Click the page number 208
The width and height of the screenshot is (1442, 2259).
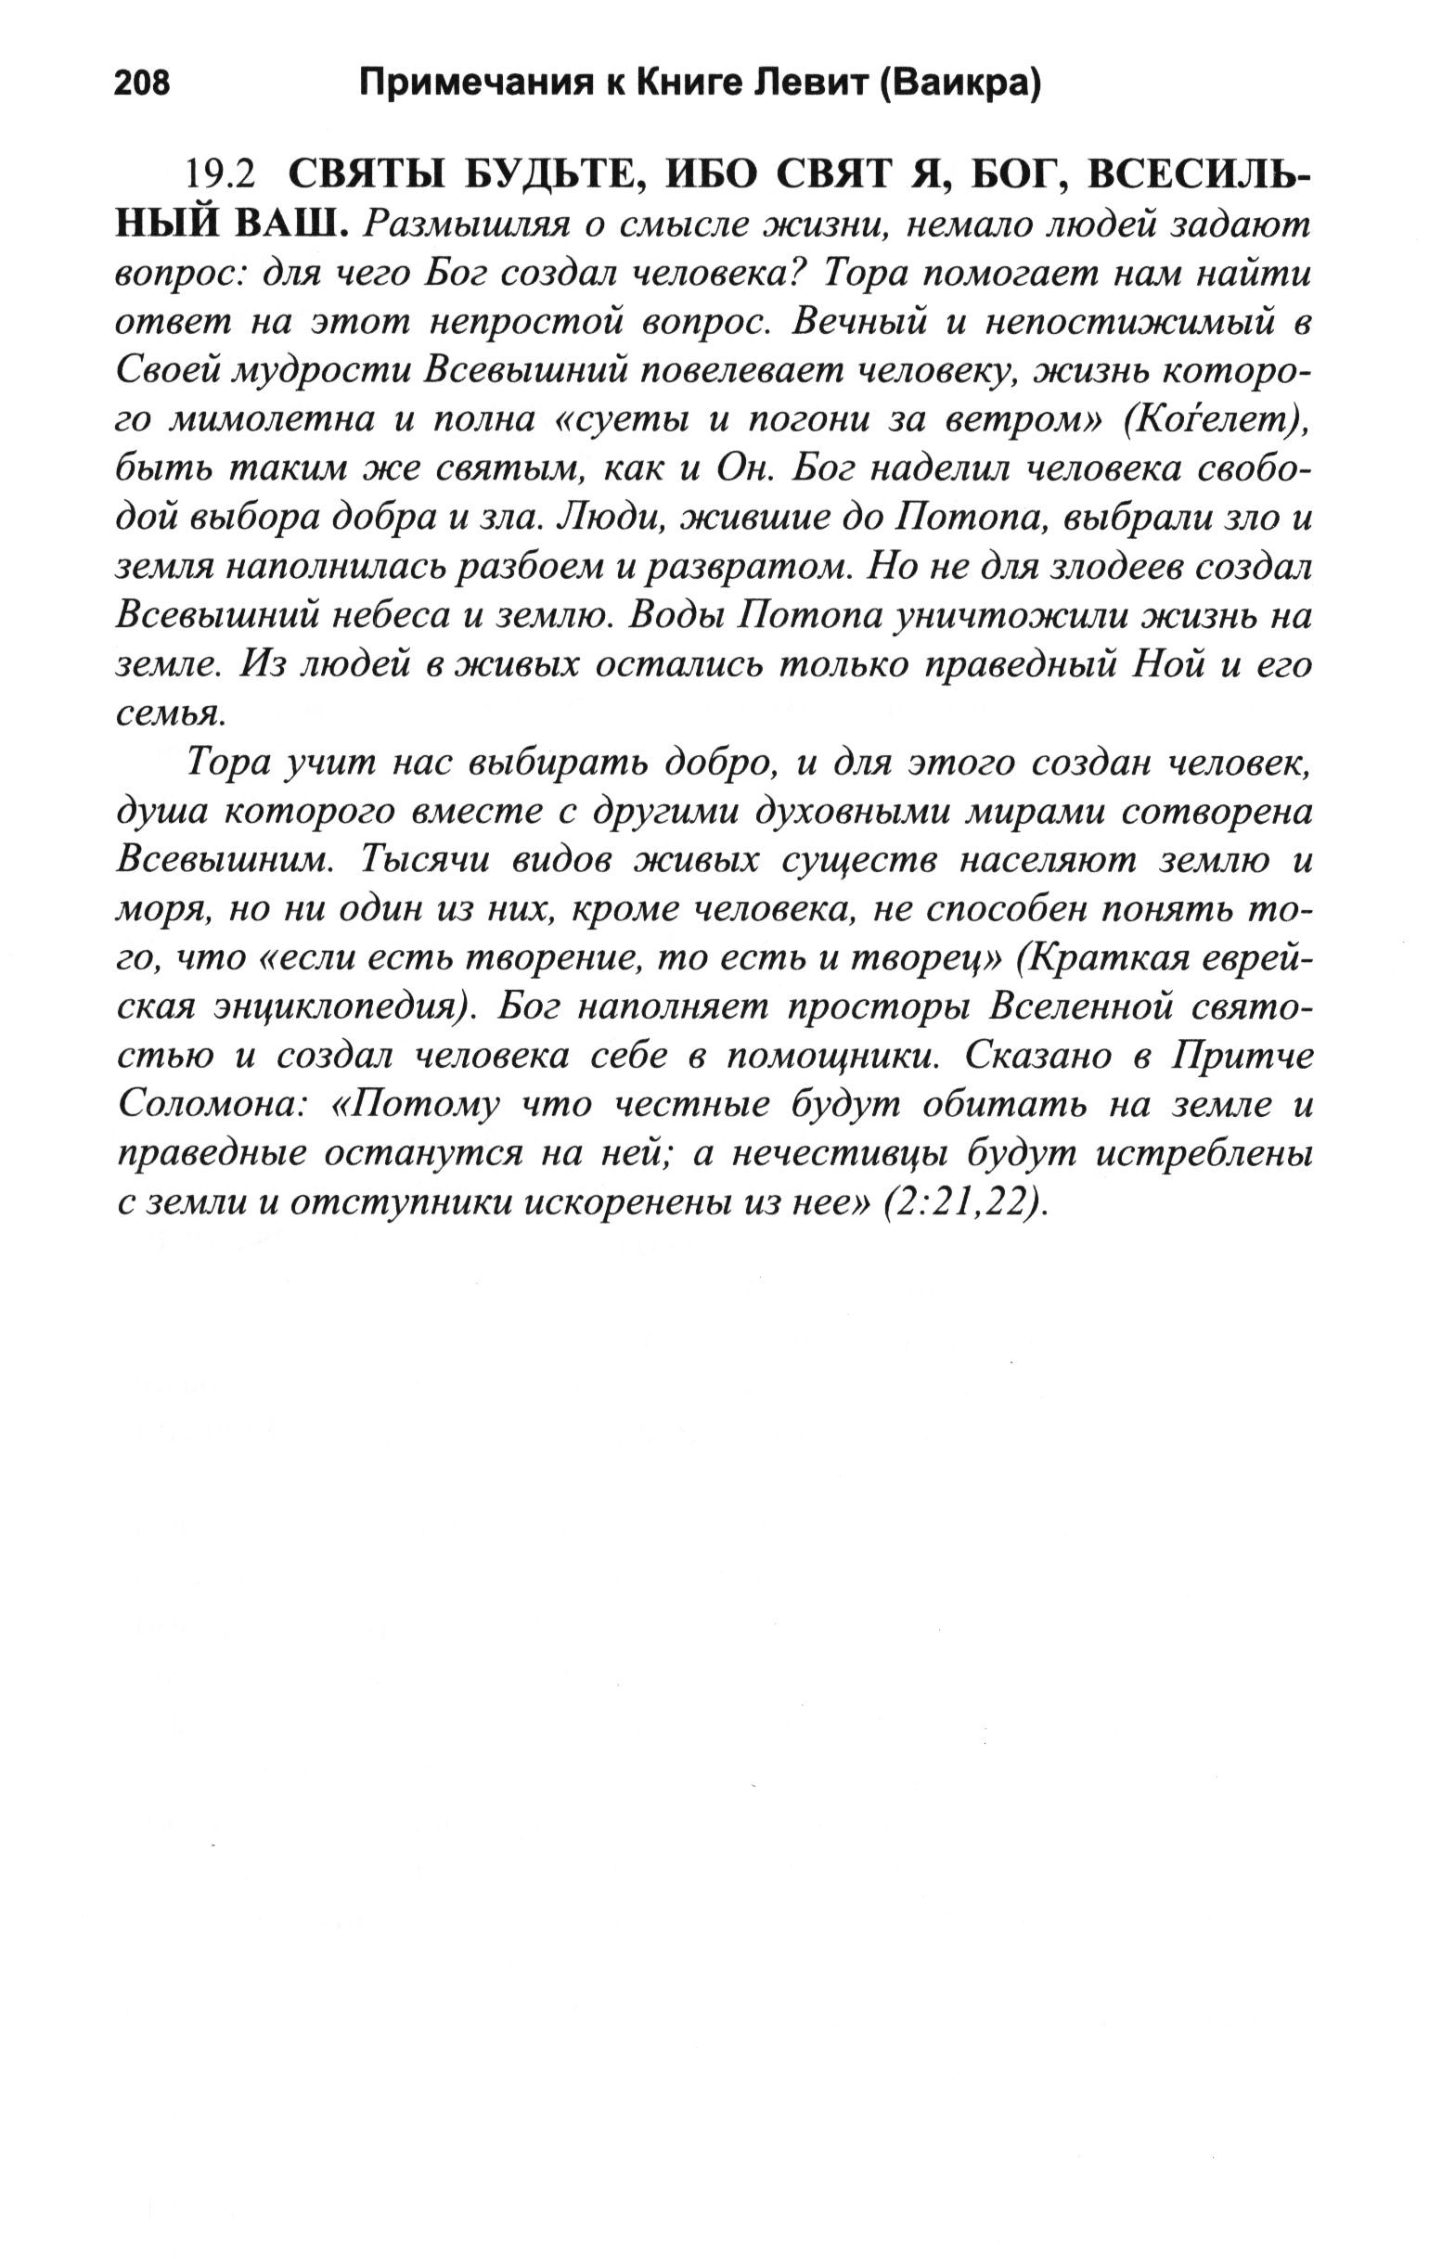[142, 84]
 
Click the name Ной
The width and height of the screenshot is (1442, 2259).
[1165, 664]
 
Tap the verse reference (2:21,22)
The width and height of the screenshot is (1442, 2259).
[965, 1203]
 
